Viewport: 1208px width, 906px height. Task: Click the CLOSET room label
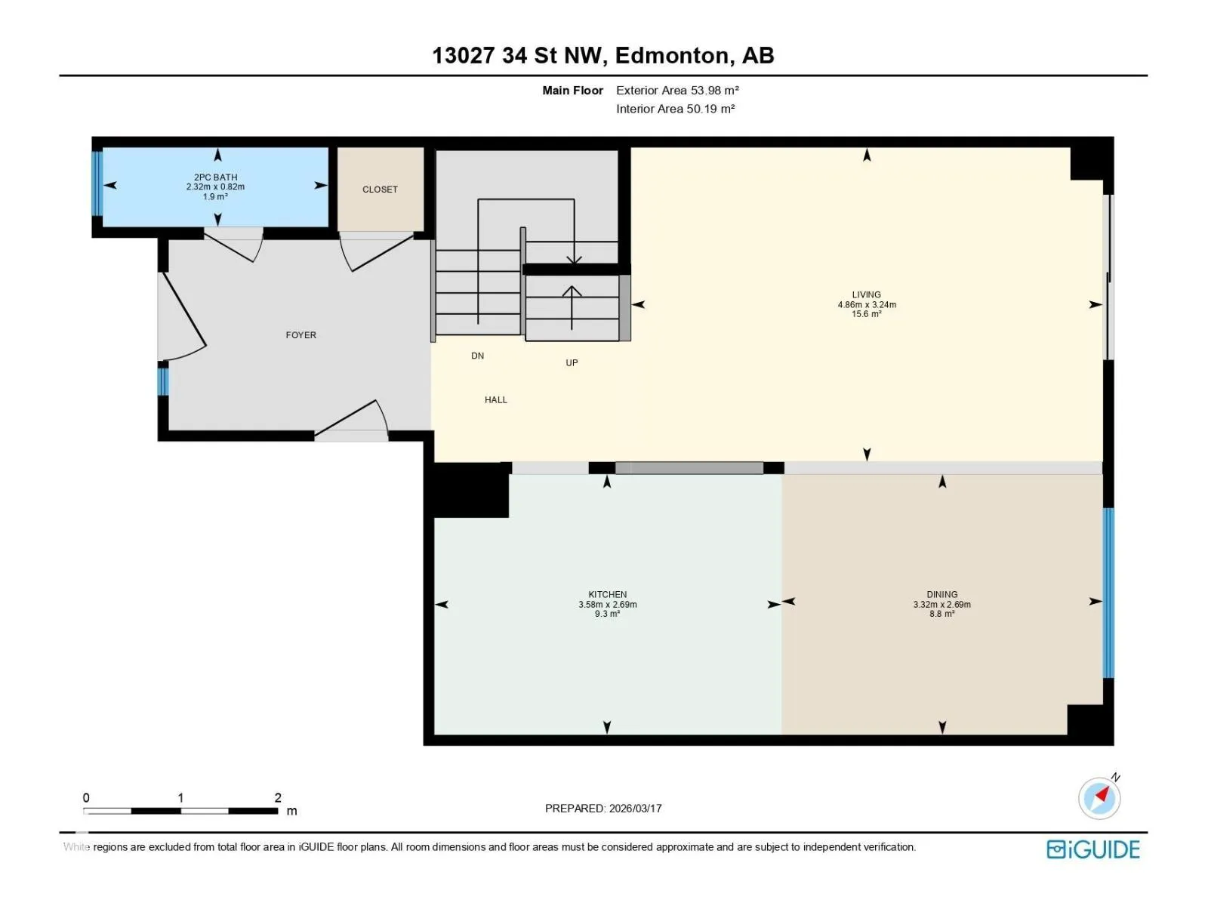380,190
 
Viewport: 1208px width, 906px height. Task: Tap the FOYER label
301,335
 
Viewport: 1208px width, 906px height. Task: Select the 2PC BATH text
216,177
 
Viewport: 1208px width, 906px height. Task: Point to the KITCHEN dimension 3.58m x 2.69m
608,605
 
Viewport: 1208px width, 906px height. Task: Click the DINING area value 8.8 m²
942,614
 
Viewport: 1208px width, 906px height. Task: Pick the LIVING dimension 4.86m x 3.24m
867,305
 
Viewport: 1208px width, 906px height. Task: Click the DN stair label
478,356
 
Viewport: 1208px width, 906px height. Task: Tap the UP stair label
572,363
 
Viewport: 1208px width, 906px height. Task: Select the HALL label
496,400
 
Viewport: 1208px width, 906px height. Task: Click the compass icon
1099,798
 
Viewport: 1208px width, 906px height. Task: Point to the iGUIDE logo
1093,849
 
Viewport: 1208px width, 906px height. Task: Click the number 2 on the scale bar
278,797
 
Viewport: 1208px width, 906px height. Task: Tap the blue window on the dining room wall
1108,593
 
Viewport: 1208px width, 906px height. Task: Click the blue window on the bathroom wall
97,183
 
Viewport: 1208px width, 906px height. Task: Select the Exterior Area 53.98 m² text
677,90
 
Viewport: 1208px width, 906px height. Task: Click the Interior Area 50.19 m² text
676,109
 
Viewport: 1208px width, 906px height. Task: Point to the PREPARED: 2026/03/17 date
603,809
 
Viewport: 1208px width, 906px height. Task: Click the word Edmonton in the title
675,56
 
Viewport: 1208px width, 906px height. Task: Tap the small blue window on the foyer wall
163,382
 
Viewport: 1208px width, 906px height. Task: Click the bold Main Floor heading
572,90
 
